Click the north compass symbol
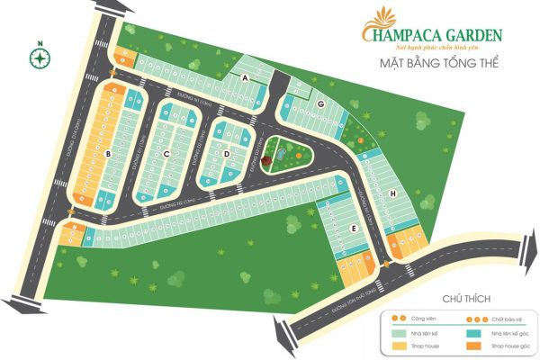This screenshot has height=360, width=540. pos(40,58)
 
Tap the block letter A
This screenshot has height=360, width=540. pos(245,78)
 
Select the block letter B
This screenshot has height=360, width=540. pos(108,155)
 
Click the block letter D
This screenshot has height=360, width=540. pos(228,154)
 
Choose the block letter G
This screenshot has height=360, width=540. pos(320,104)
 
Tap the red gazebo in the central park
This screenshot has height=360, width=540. pos(293,144)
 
